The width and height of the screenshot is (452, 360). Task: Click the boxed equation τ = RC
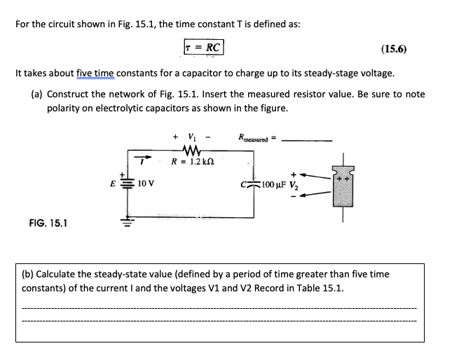(x=203, y=48)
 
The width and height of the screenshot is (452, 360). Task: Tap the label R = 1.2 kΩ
(x=192, y=161)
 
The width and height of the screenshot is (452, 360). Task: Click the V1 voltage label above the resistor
(x=187, y=136)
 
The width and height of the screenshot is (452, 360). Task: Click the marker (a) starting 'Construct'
(x=36, y=94)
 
